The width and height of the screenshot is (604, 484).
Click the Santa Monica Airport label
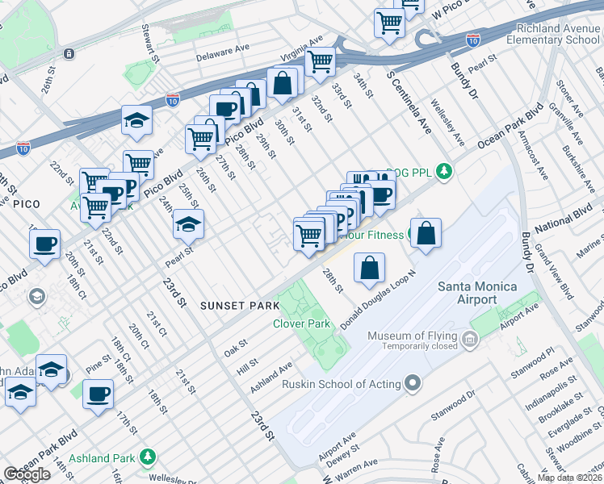pos(478,293)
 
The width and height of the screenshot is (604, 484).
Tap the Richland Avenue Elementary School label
pos(559,33)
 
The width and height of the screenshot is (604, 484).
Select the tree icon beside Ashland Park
pos(147,457)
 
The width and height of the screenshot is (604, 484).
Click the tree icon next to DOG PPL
pos(443,171)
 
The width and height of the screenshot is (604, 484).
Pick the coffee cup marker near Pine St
pos(98,394)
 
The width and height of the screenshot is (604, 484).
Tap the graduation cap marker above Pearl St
pos(188,224)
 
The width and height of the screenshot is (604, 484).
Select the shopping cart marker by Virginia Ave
pos(321,60)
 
